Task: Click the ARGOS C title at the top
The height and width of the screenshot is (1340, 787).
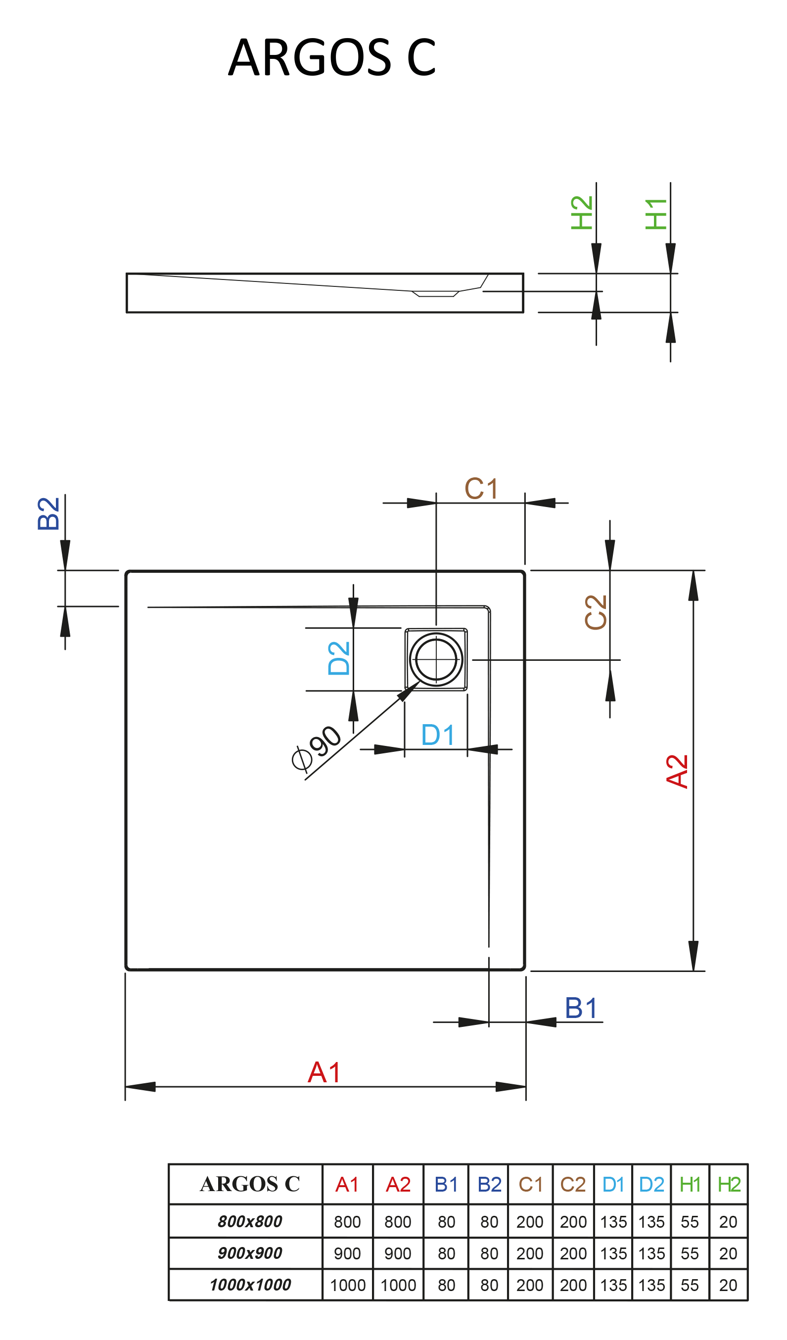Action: (332, 57)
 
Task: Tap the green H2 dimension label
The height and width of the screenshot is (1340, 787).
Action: (581, 213)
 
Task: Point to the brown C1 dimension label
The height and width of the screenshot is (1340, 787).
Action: (481, 489)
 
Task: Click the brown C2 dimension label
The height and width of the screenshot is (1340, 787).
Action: (595, 612)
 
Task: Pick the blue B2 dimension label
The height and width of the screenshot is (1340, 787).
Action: (48, 513)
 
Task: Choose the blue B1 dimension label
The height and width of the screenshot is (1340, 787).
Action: (581, 1008)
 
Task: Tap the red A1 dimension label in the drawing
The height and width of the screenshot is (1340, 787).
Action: (324, 1072)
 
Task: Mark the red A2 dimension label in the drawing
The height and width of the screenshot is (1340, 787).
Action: (677, 771)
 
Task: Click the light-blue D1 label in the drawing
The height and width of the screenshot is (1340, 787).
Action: (438, 736)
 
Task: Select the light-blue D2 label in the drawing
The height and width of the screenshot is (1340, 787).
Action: (339, 658)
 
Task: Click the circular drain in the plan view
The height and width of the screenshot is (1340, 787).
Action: (436, 659)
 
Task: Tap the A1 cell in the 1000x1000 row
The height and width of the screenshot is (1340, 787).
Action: (347, 1285)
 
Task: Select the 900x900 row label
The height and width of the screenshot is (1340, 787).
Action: (250, 1253)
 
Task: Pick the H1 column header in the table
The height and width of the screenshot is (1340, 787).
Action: (690, 1185)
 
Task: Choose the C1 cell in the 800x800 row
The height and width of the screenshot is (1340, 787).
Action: (530, 1222)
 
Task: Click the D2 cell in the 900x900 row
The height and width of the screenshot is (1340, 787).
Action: (651, 1253)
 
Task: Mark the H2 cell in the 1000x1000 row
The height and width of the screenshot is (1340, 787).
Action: (728, 1285)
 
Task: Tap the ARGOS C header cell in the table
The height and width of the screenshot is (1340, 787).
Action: (250, 1184)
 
